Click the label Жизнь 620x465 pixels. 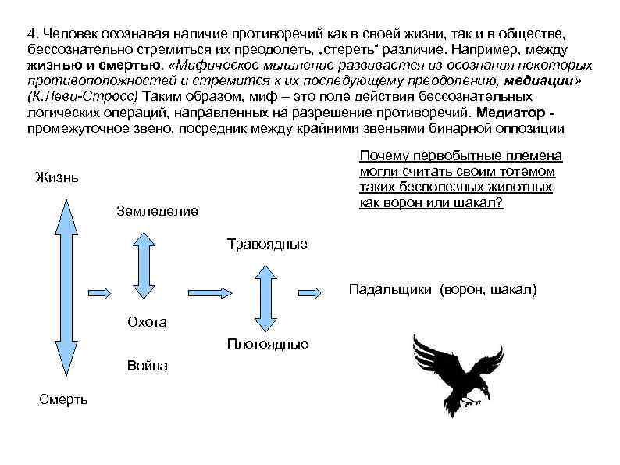click(57, 178)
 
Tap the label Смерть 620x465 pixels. click(63, 399)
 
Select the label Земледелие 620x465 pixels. click(157, 210)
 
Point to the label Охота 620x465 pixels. click(146, 322)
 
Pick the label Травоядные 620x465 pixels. click(267, 244)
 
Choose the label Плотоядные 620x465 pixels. click(267, 344)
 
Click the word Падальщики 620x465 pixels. click(390, 289)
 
